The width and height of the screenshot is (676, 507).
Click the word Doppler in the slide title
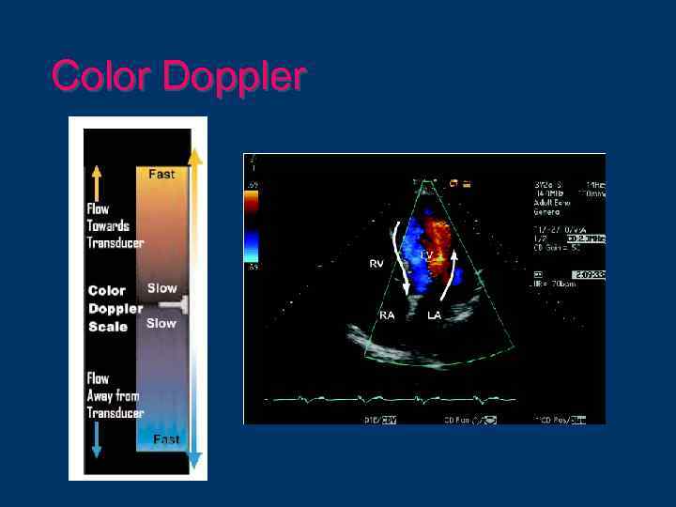tap(234, 77)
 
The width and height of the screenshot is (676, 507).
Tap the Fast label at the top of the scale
tap(161, 175)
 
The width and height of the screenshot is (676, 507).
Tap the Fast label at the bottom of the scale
tap(166, 439)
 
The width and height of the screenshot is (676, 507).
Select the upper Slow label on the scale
tap(161, 288)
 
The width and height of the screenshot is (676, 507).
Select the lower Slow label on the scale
tap(161, 323)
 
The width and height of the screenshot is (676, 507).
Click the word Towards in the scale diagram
tap(108, 225)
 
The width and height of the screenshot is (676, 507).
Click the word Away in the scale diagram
tap(101, 395)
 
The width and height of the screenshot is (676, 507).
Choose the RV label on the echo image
tap(376, 265)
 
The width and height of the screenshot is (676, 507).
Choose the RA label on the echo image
tap(387, 315)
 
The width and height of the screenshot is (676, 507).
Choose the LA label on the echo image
tap(435, 315)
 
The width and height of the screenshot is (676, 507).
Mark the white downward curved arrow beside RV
tap(401, 256)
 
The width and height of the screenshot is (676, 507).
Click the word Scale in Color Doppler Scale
tap(107, 327)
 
